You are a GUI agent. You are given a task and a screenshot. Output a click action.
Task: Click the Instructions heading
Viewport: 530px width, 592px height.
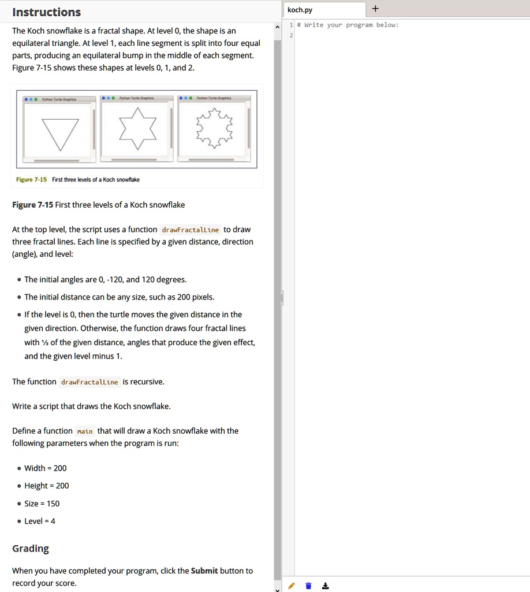pyautogui.click(x=47, y=12)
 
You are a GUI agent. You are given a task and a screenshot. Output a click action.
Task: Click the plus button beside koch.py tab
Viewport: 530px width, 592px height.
pyautogui.click(x=376, y=9)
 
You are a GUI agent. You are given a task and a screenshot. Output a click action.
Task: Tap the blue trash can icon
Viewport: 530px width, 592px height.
pyautogui.click(x=308, y=586)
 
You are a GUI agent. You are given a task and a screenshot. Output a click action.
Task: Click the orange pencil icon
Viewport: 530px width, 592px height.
pyautogui.click(x=292, y=586)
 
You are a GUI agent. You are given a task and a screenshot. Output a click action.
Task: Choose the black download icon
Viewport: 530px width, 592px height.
pyautogui.click(x=326, y=586)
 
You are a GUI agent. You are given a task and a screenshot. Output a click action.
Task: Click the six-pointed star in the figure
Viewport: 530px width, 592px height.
pyautogui.click(x=137, y=127)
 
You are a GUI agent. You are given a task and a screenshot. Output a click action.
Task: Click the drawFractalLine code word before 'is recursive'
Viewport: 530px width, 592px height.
pyautogui.click(x=89, y=382)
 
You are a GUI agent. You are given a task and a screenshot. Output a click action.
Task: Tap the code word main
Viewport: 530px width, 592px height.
pyautogui.click(x=85, y=431)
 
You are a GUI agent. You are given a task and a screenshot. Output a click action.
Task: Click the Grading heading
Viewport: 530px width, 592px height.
pyautogui.click(x=31, y=549)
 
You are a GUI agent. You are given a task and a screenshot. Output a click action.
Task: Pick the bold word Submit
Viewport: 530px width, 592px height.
pyautogui.click(x=205, y=571)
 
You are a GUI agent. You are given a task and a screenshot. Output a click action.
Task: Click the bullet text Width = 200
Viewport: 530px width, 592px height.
pyautogui.click(x=45, y=468)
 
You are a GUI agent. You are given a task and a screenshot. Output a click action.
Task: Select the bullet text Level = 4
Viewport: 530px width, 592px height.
pyautogui.click(x=40, y=521)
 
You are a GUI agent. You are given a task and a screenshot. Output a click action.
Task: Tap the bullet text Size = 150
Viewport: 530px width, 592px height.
pyautogui.click(x=42, y=504)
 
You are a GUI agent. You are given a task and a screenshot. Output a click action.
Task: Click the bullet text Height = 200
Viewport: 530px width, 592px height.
pyautogui.click(x=46, y=486)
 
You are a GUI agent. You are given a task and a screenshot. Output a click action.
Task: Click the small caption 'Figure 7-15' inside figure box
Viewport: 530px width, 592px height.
pyautogui.click(x=32, y=180)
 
